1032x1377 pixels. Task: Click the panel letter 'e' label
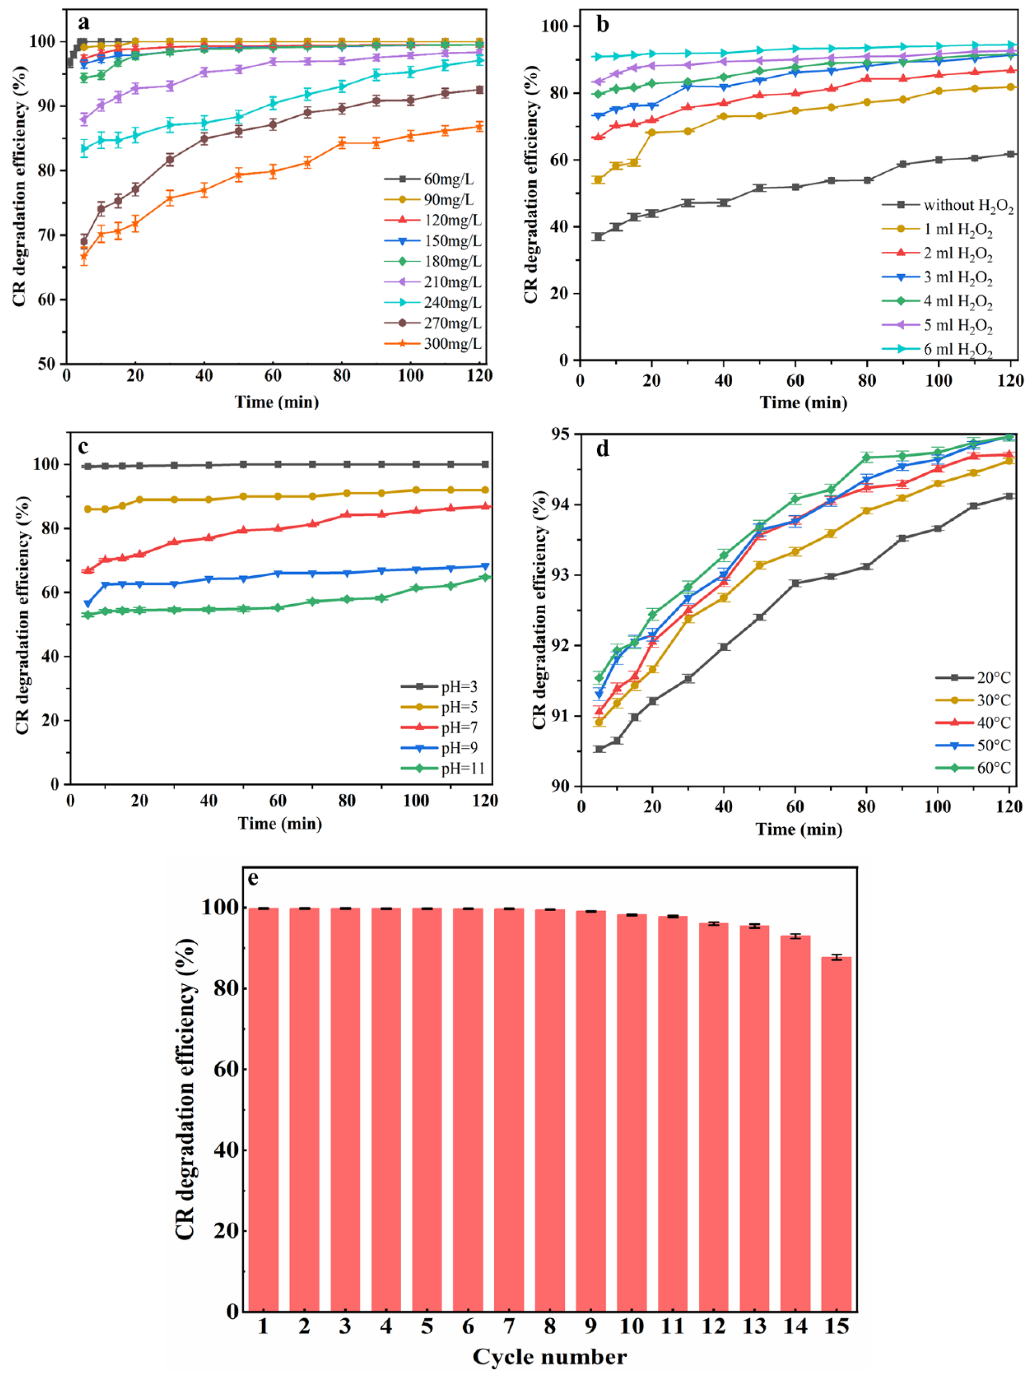click(x=253, y=879)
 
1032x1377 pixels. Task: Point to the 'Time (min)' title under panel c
click(x=279, y=824)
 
